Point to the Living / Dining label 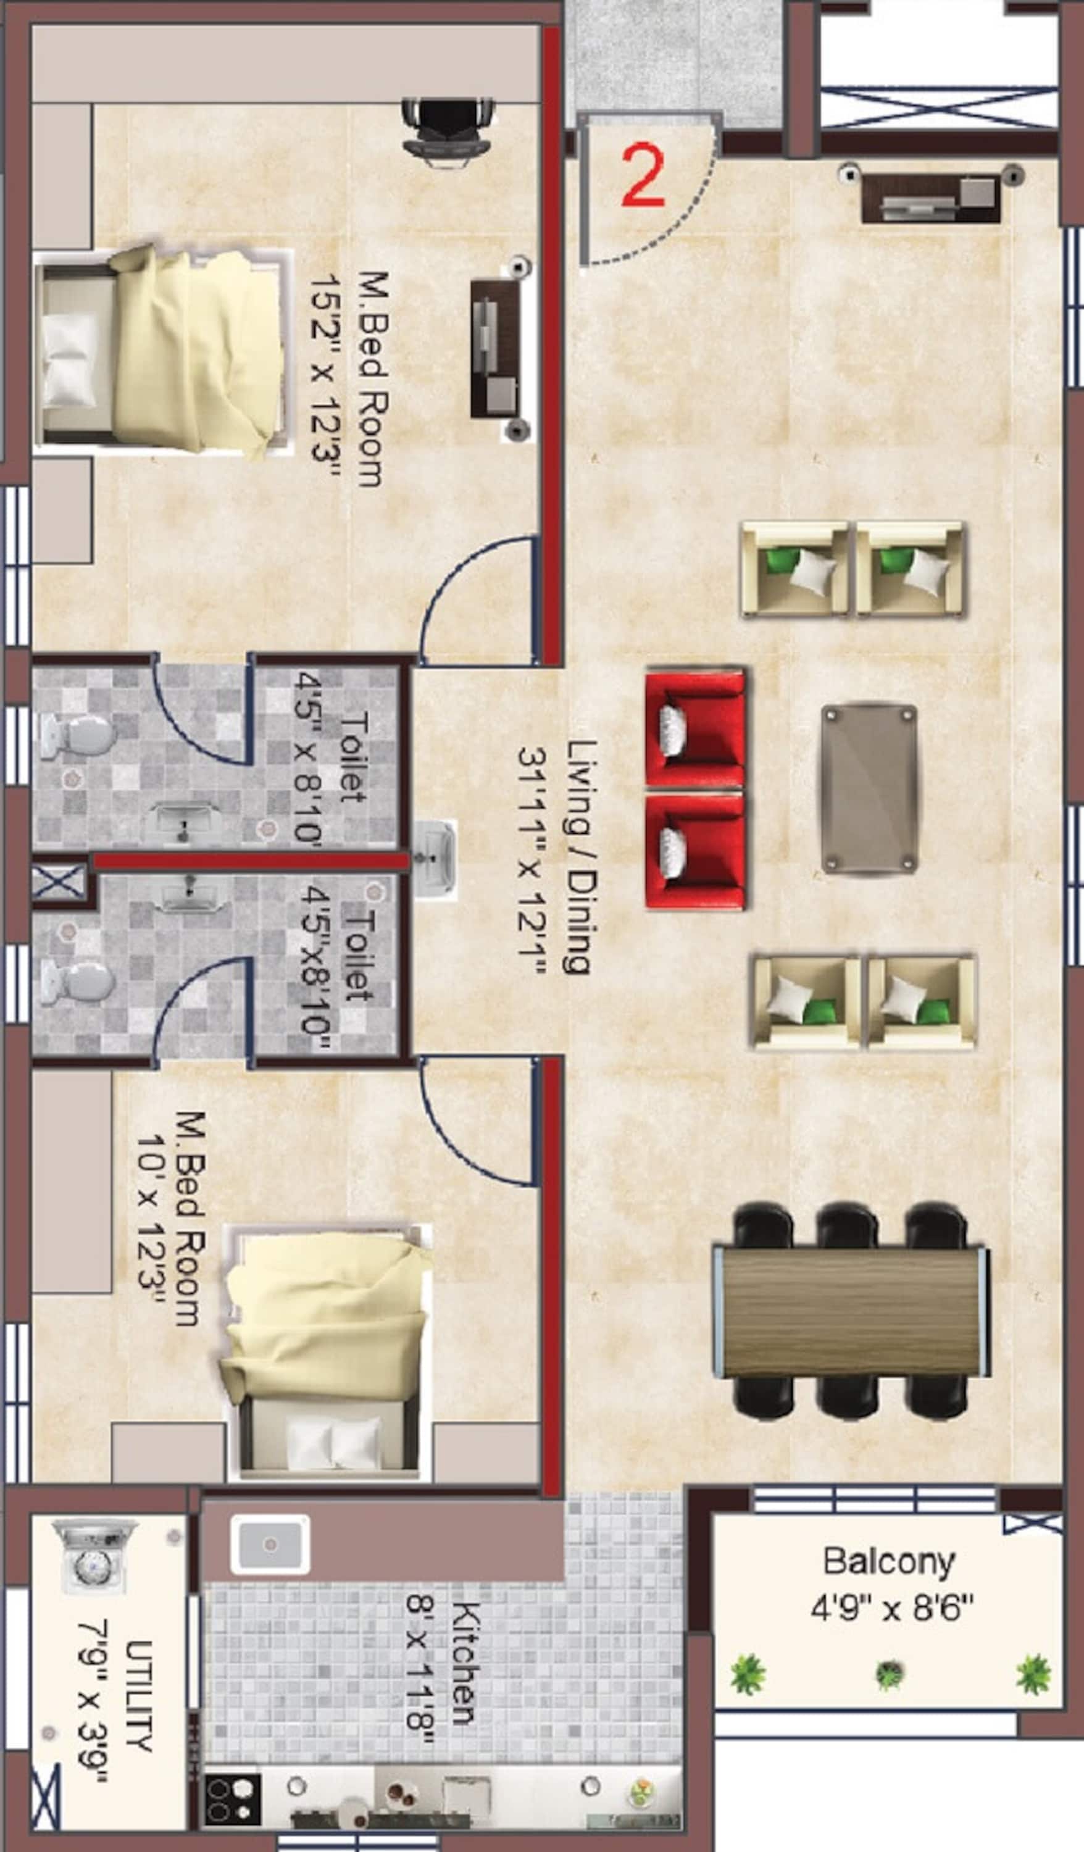point(581,856)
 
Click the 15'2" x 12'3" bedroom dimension point(323,378)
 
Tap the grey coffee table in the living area point(869,788)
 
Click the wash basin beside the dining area point(435,858)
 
